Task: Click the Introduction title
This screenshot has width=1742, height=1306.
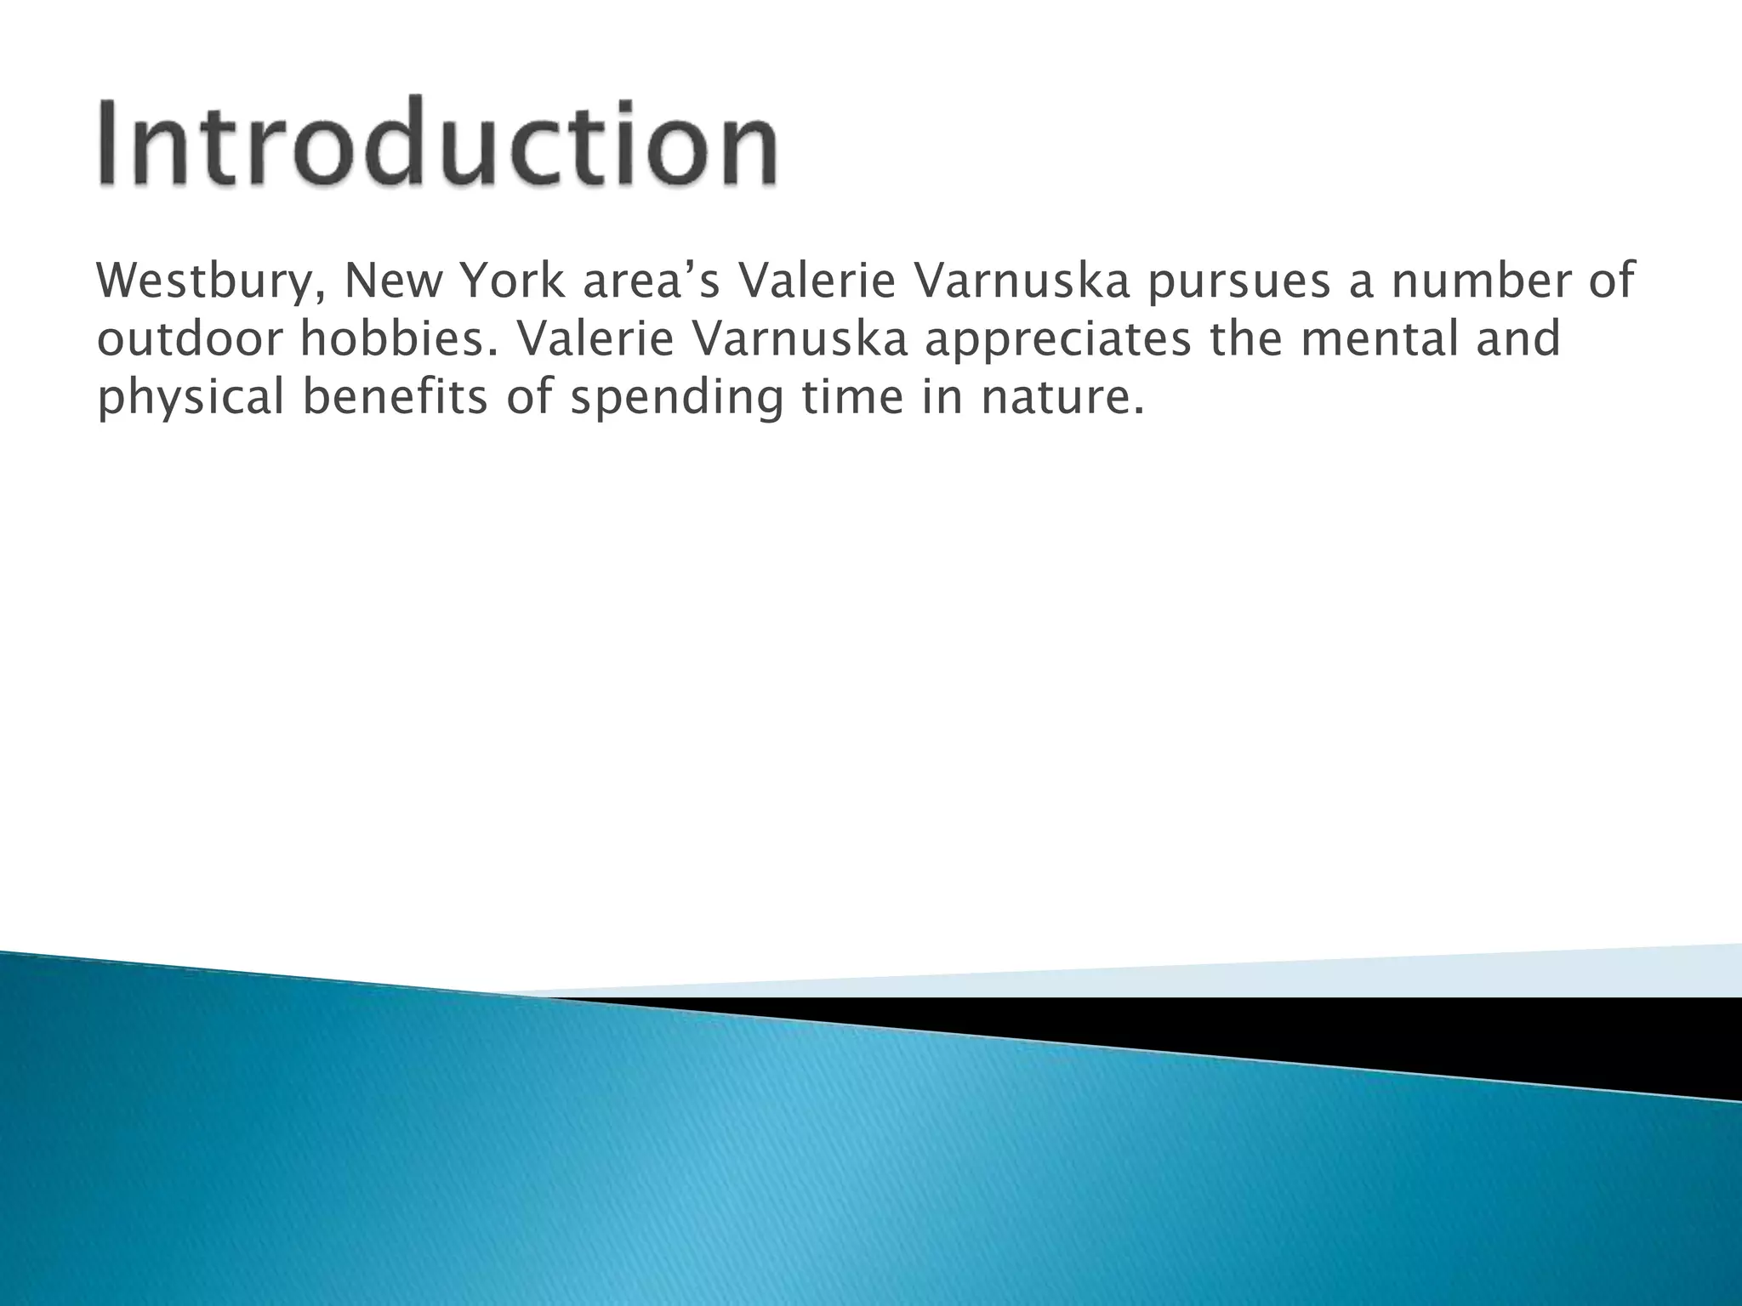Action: (438, 142)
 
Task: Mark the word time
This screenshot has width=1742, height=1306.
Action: (851, 398)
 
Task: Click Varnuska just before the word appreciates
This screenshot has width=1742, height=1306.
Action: (804, 340)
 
